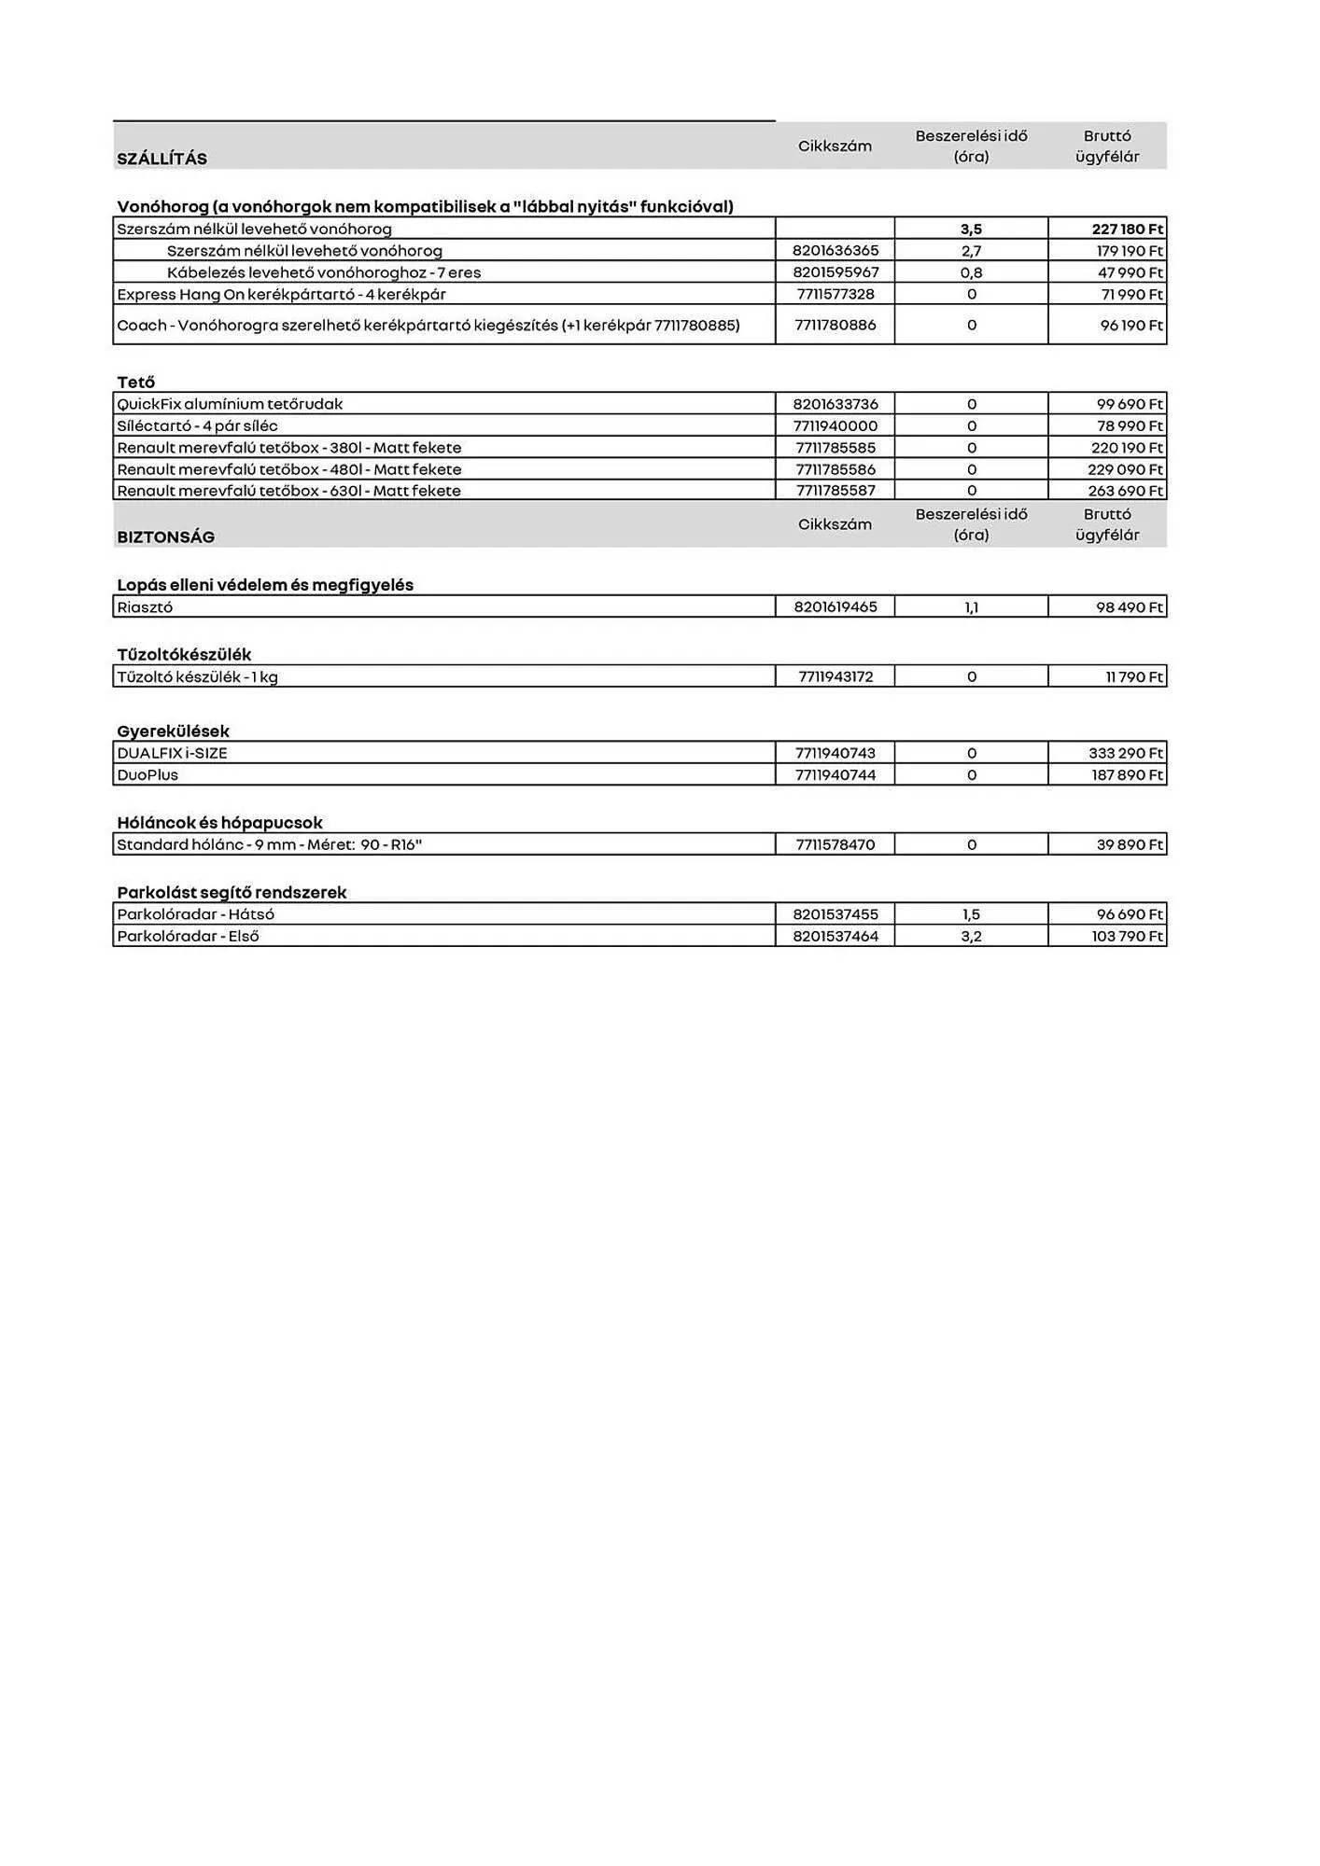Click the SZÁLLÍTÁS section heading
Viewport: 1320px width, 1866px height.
click(x=161, y=159)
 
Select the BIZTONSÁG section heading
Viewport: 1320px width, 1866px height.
click(x=165, y=536)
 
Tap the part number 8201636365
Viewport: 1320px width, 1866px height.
click(x=836, y=250)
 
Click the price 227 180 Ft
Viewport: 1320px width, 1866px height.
click(x=1127, y=229)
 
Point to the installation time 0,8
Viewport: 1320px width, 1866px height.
click(x=971, y=272)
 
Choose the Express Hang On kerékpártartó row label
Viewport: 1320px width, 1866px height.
click(x=281, y=294)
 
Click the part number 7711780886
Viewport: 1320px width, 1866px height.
click(x=836, y=325)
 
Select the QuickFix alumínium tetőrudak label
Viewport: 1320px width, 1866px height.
click(x=230, y=404)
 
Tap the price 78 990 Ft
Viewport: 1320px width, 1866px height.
click(x=1130, y=425)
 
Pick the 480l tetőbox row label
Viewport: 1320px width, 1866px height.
click(x=288, y=469)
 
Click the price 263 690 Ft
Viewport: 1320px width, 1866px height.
click(x=1127, y=491)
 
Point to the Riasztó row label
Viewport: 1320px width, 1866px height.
click(x=145, y=607)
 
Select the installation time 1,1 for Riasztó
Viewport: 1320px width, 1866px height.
click(x=971, y=607)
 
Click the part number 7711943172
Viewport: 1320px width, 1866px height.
click(x=836, y=676)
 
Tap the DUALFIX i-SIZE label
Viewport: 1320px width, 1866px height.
click(x=172, y=753)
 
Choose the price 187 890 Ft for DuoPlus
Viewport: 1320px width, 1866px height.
click(x=1127, y=774)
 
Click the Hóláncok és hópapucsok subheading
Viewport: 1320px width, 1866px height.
click(x=219, y=823)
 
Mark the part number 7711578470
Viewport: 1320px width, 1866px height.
click(x=836, y=844)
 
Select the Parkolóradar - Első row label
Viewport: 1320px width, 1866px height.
click(x=188, y=936)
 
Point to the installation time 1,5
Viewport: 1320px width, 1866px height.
click(x=971, y=914)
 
